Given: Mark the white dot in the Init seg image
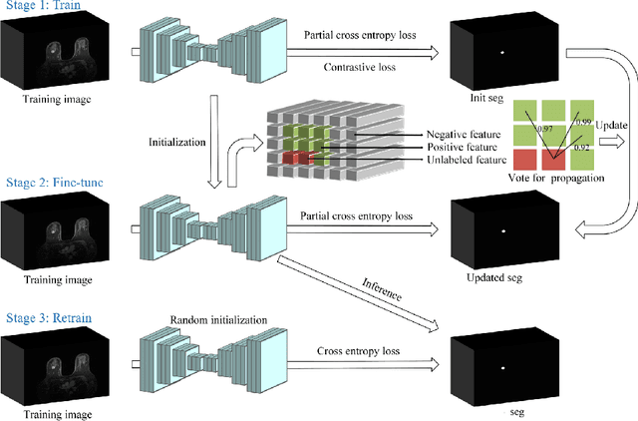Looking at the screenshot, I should pos(502,52).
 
